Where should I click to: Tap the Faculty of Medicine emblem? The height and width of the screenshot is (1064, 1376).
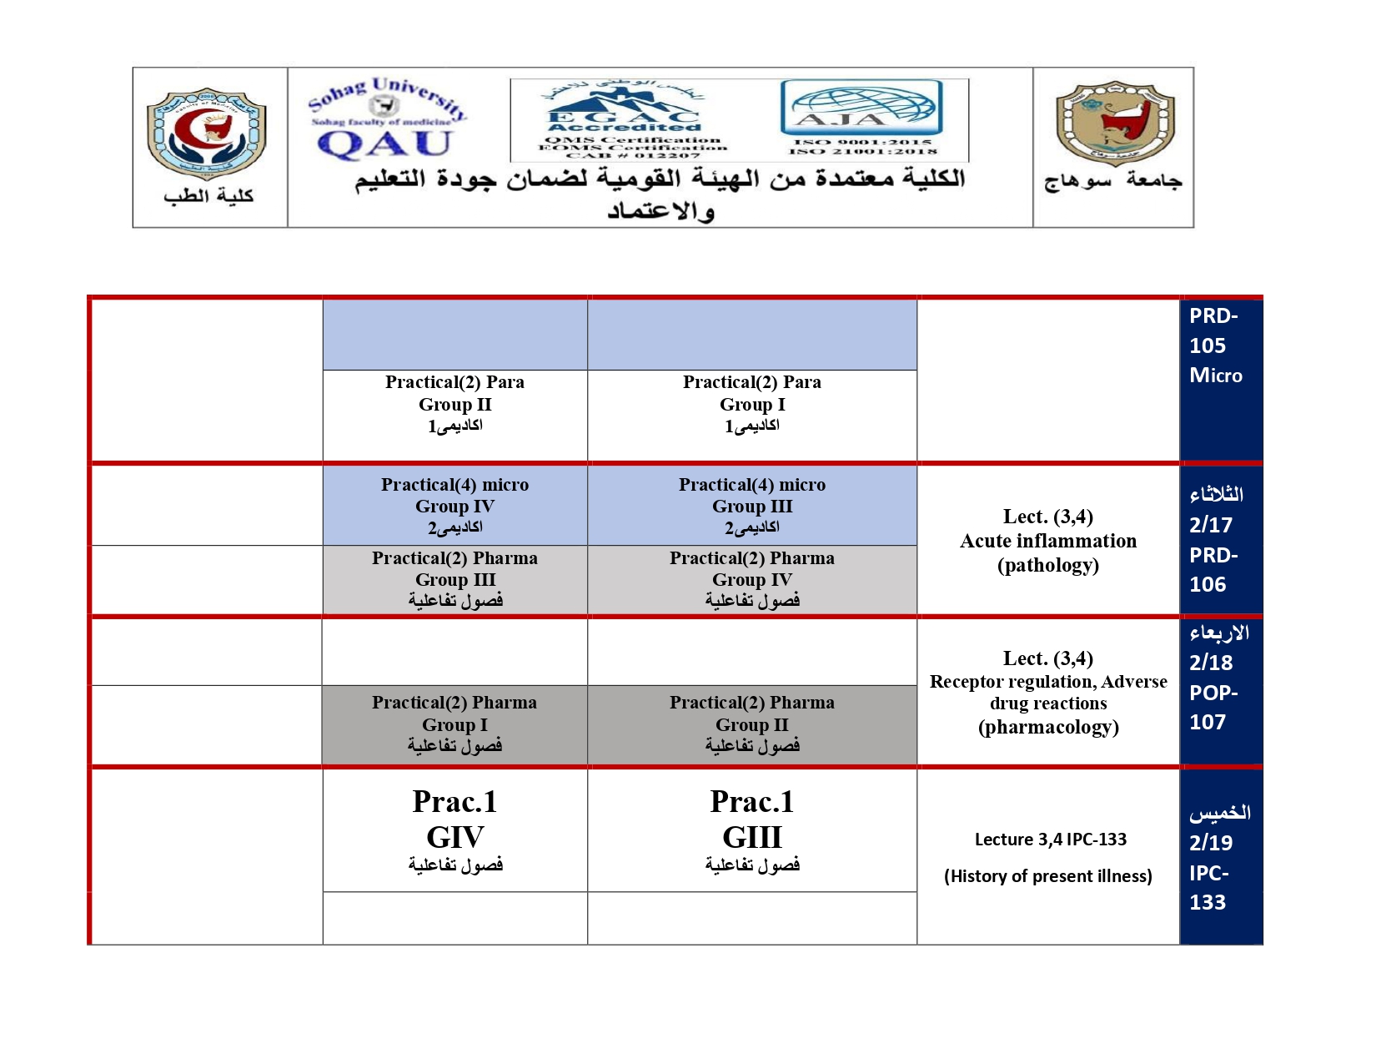[207, 134]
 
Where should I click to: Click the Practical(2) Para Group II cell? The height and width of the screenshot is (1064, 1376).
[454, 405]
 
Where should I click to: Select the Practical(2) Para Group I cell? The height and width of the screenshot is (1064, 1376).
[752, 405]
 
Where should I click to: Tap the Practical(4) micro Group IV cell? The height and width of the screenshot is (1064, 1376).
[454, 506]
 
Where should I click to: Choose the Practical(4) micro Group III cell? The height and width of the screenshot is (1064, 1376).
[752, 506]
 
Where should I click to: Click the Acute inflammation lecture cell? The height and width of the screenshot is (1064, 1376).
[1048, 541]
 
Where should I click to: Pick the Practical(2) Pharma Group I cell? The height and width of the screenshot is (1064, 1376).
[454, 724]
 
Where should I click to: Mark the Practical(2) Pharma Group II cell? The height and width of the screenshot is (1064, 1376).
[752, 724]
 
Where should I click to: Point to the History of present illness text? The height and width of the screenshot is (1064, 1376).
[1048, 876]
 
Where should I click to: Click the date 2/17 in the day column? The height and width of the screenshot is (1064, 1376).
[1211, 525]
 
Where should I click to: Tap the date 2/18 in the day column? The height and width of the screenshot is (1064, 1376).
[1211, 663]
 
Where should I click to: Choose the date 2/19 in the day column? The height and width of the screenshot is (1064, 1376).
[1211, 843]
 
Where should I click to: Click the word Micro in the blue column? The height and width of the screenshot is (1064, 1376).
[1216, 376]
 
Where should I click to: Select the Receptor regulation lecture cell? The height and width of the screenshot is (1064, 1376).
[1048, 693]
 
